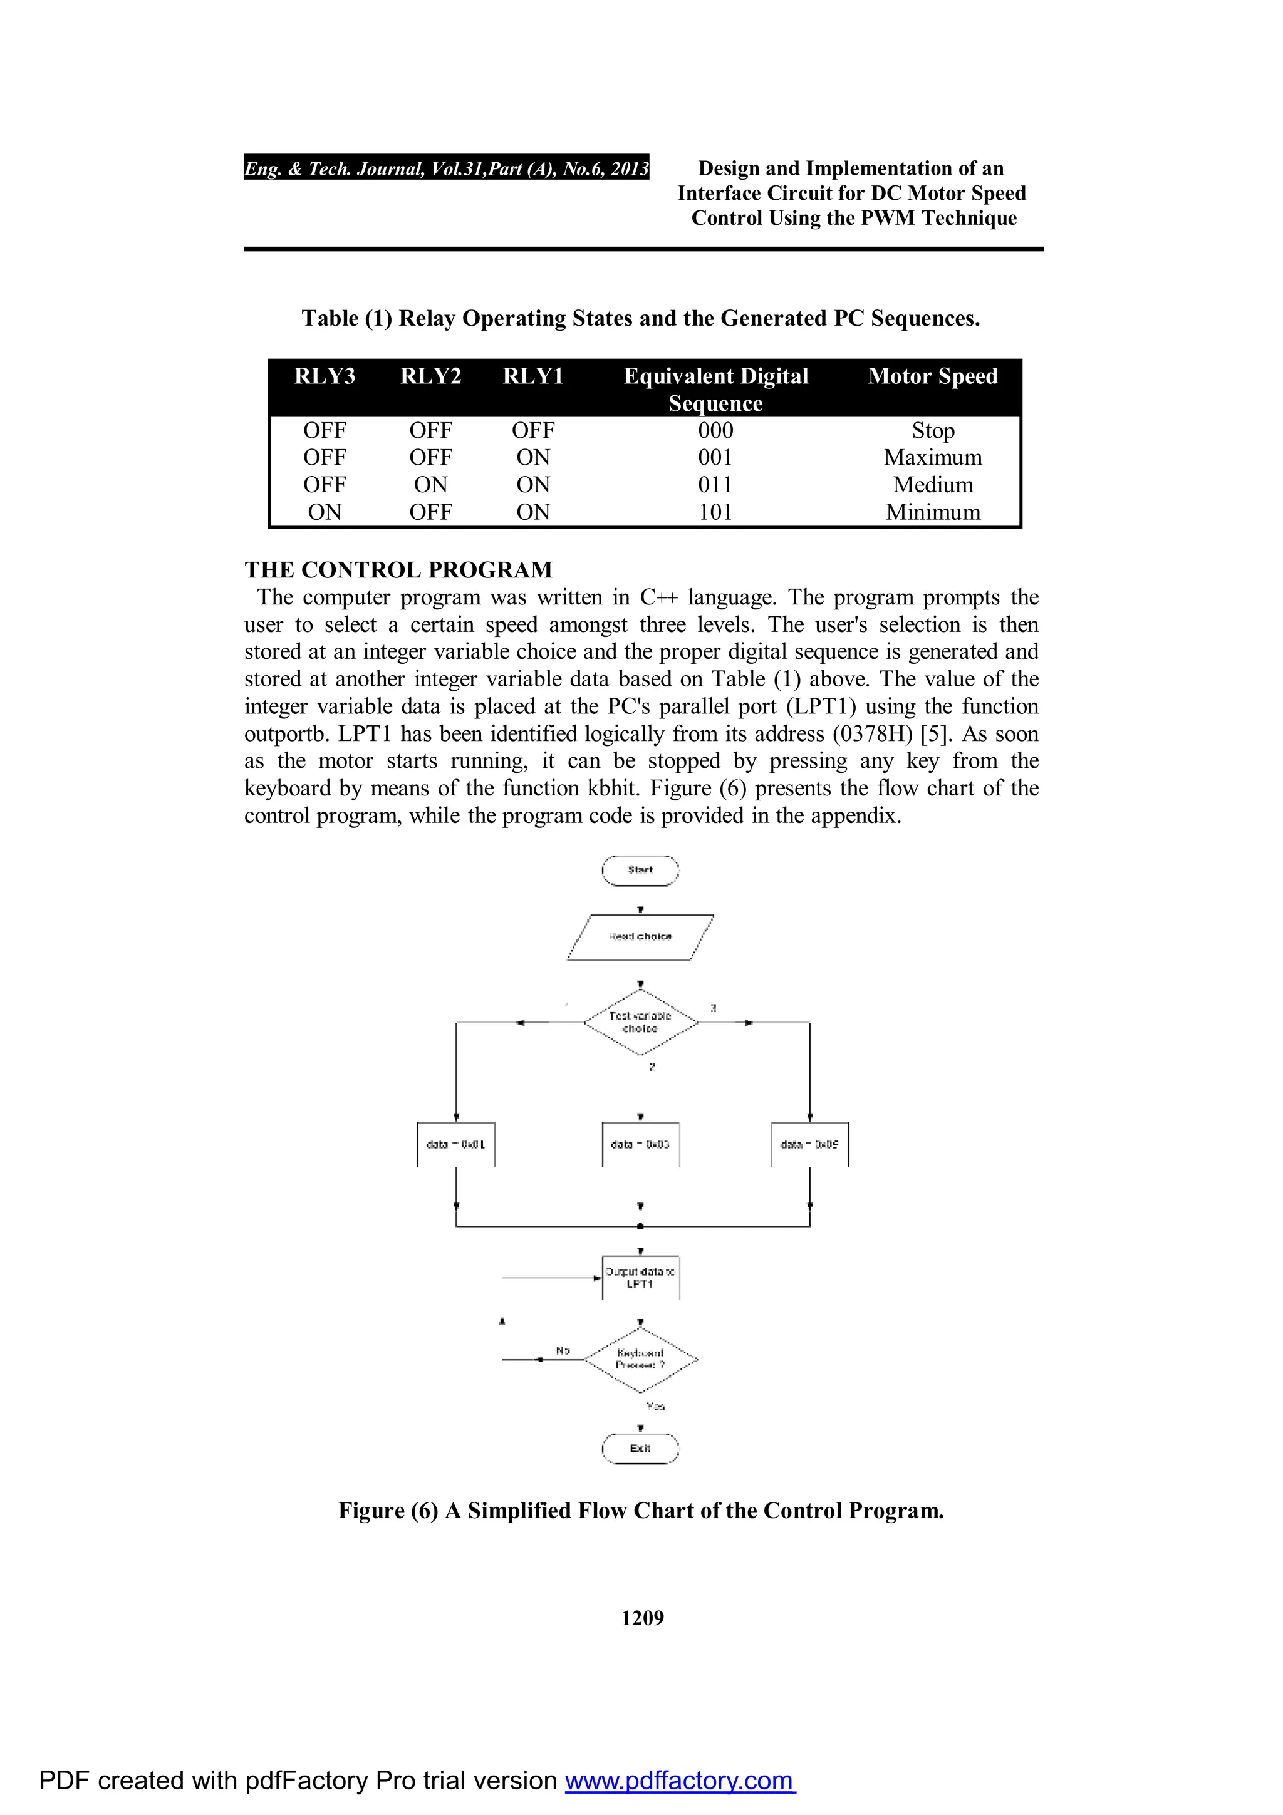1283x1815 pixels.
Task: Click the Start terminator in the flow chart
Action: (x=640, y=871)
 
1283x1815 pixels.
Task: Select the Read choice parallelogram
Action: (x=640, y=937)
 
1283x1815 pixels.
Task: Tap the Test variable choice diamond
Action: (x=640, y=1022)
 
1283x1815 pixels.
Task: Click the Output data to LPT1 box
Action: (x=640, y=1278)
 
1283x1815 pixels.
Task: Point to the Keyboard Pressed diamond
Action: (x=640, y=1359)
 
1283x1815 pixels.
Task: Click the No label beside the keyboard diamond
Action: (x=563, y=1350)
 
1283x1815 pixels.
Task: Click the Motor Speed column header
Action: (x=933, y=376)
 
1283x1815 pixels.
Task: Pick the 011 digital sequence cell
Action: (x=715, y=485)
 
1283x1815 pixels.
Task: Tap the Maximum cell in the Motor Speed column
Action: (x=933, y=458)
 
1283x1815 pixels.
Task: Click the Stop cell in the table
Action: (x=933, y=431)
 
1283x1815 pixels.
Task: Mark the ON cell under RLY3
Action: (x=325, y=512)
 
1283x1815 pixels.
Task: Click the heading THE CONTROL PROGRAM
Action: (x=398, y=570)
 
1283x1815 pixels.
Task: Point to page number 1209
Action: (x=642, y=1618)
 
